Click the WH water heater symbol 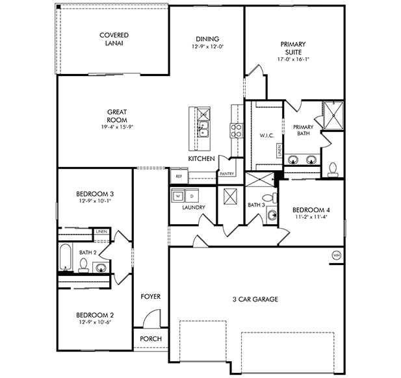click(337, 255)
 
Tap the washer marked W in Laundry click(178, 196)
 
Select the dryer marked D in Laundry click(192, 196)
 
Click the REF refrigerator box click(179, 176)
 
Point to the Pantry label click(227, 174)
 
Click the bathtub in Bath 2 click(65, 257)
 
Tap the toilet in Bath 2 click(83, 266)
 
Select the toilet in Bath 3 click(269, 198)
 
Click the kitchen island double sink click(203, 129)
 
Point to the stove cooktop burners click(237, 131)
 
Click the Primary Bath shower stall click(333, 116)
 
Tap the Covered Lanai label click(114, 39)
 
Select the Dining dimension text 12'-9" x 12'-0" click(208, 47)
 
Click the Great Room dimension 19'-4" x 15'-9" click(118, 127)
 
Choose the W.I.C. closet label click(267, 136)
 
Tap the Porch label click(151, 339)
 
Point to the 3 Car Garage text click(255, 299)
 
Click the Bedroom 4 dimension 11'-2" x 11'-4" click(311, 217)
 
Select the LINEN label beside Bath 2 click(101, 232)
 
